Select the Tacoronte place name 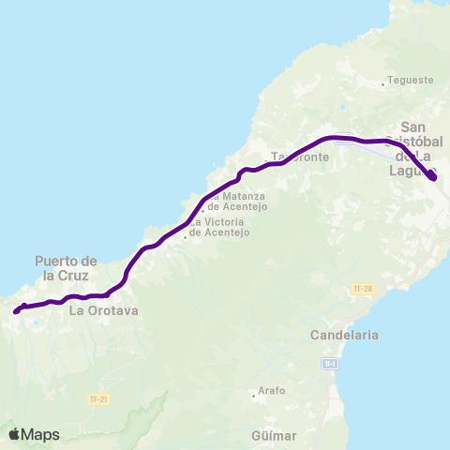pyautogui.click(x=300, y=157)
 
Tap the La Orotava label pyautogui.click(x=104, y=310)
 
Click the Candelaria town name pyautogui.click(x=346, y=334)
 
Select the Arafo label pyautogui.click(x=272, y=390)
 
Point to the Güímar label pyautogui.click(x=274, y=435)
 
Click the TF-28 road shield pyautogui.click(x=363, y=288)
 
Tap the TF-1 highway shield pyautogui.click(x=329, y=363)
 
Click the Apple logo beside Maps pyautogui.click(x=14, y=434)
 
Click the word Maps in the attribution pyautogui.click(x=41, y=434)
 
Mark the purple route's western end pyautogui.click(x=17, y=311)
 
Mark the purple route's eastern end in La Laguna pyautogui.click(x=432, y=177)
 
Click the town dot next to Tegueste pyautogui.click(x=383, y=85)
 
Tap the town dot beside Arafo pyautogui.click(x=253, y=395)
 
